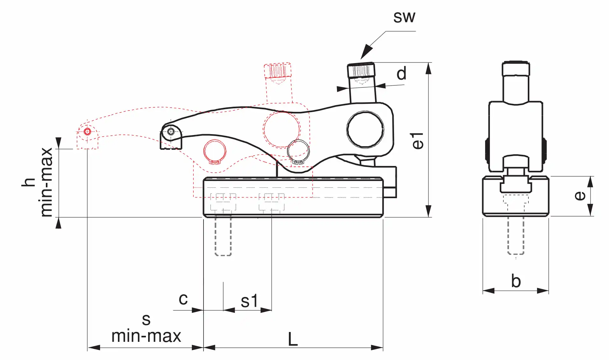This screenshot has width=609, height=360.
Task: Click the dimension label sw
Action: click(404, 17)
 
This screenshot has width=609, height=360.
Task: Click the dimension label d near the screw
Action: click(401, 74)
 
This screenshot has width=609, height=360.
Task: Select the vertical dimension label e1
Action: click(418, 141)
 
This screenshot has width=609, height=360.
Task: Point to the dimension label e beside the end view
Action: click(580, 196)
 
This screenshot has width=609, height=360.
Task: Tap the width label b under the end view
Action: click(516, 281)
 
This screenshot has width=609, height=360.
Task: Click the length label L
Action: click(293, 339)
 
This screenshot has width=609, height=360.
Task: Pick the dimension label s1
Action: click(249, 301)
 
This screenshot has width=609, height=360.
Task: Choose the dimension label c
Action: click(183, 299)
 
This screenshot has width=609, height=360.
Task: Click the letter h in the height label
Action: click(29, 182)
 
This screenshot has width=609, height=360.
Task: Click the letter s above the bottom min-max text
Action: click(146, 320)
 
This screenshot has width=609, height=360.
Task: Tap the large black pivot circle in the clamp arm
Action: click(365, 129)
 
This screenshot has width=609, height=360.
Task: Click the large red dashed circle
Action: click(282, 129)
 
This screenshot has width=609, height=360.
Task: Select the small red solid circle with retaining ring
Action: click(215, 151)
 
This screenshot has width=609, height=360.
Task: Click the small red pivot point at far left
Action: click(87, 132)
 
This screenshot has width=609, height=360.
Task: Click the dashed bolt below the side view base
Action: click(223, 236)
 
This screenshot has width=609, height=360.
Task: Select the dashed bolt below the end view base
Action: click(516, 236)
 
